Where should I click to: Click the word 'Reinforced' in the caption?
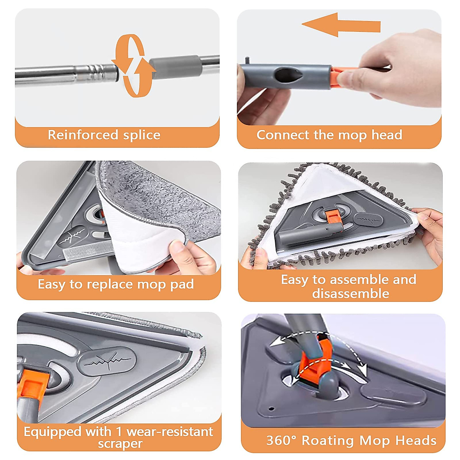click(x=83, y=135)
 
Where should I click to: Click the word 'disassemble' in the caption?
click(x=350, y=294)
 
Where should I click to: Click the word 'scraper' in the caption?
click(x=120, y=444)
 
